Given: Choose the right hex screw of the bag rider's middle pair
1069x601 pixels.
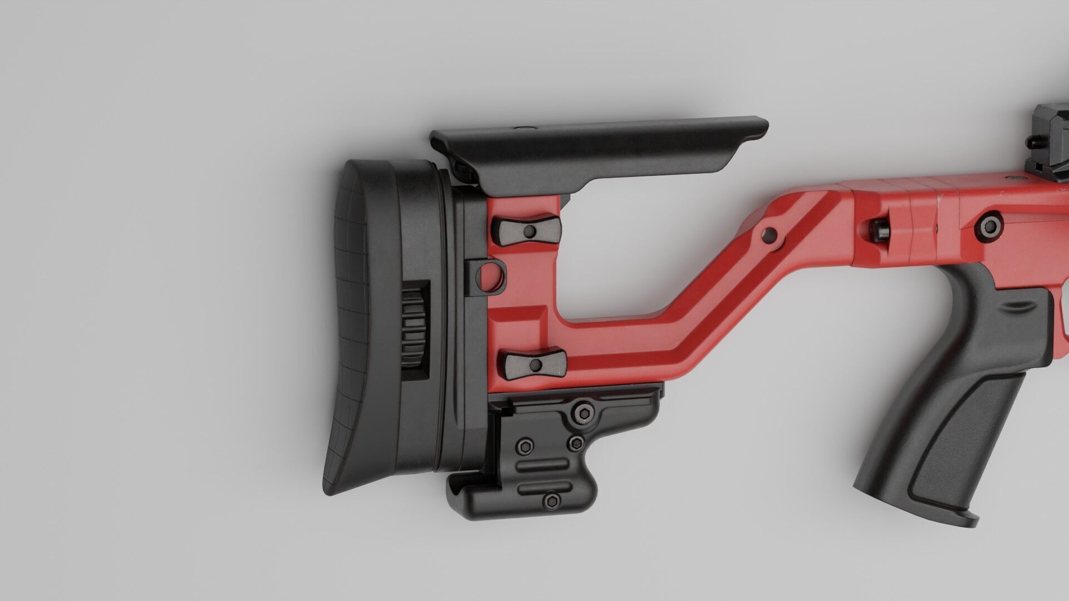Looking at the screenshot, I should click(577, 442).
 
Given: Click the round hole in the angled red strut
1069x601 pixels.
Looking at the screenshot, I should click(770, 235).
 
